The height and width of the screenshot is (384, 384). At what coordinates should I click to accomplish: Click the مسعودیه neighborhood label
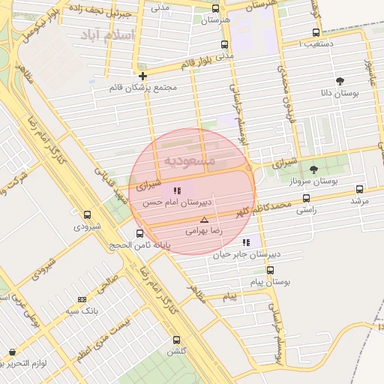[x=190, y=160]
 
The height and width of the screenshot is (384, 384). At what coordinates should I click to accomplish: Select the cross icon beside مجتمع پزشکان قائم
[x=142, y=76]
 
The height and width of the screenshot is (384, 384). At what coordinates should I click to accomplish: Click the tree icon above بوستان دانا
[x=340, y=80]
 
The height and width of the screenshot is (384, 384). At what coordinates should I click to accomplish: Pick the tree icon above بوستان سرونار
[x=313, y=169]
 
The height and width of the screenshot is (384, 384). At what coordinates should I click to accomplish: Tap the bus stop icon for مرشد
[x=359, y=190]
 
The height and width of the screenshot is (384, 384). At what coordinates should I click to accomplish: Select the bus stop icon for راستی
[x=305, y=199]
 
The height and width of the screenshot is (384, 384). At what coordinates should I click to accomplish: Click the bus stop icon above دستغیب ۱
[x=316, y=32]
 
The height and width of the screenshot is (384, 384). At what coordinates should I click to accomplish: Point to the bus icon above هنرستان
[x=216, y=8]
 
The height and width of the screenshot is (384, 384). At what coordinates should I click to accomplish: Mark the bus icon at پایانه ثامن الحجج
[x=139, y=234]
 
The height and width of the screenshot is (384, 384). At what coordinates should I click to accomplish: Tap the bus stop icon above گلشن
[x=176, y=340]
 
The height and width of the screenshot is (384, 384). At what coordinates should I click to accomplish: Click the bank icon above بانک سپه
[x=82, y=299]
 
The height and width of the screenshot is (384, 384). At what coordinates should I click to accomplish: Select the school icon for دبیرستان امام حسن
[x=177, y=190]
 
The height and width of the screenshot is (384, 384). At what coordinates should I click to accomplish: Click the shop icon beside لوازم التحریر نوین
[x=11, y=352]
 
